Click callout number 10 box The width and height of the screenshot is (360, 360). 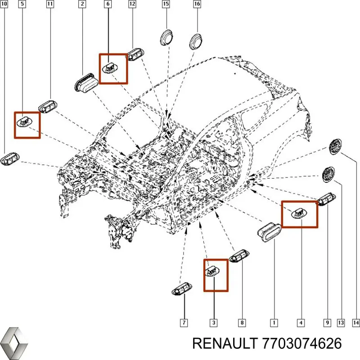5,5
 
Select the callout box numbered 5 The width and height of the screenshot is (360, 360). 22,5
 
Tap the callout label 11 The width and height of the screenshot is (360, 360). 49,5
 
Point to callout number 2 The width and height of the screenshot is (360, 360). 82,5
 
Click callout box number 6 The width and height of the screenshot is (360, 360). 108,5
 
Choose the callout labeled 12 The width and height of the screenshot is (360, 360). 132,5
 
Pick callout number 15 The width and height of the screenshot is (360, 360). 166,5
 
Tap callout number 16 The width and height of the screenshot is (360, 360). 197,5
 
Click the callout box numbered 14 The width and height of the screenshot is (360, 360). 355,322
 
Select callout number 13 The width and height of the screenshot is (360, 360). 340,322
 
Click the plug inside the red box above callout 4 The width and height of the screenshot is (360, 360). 299,213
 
